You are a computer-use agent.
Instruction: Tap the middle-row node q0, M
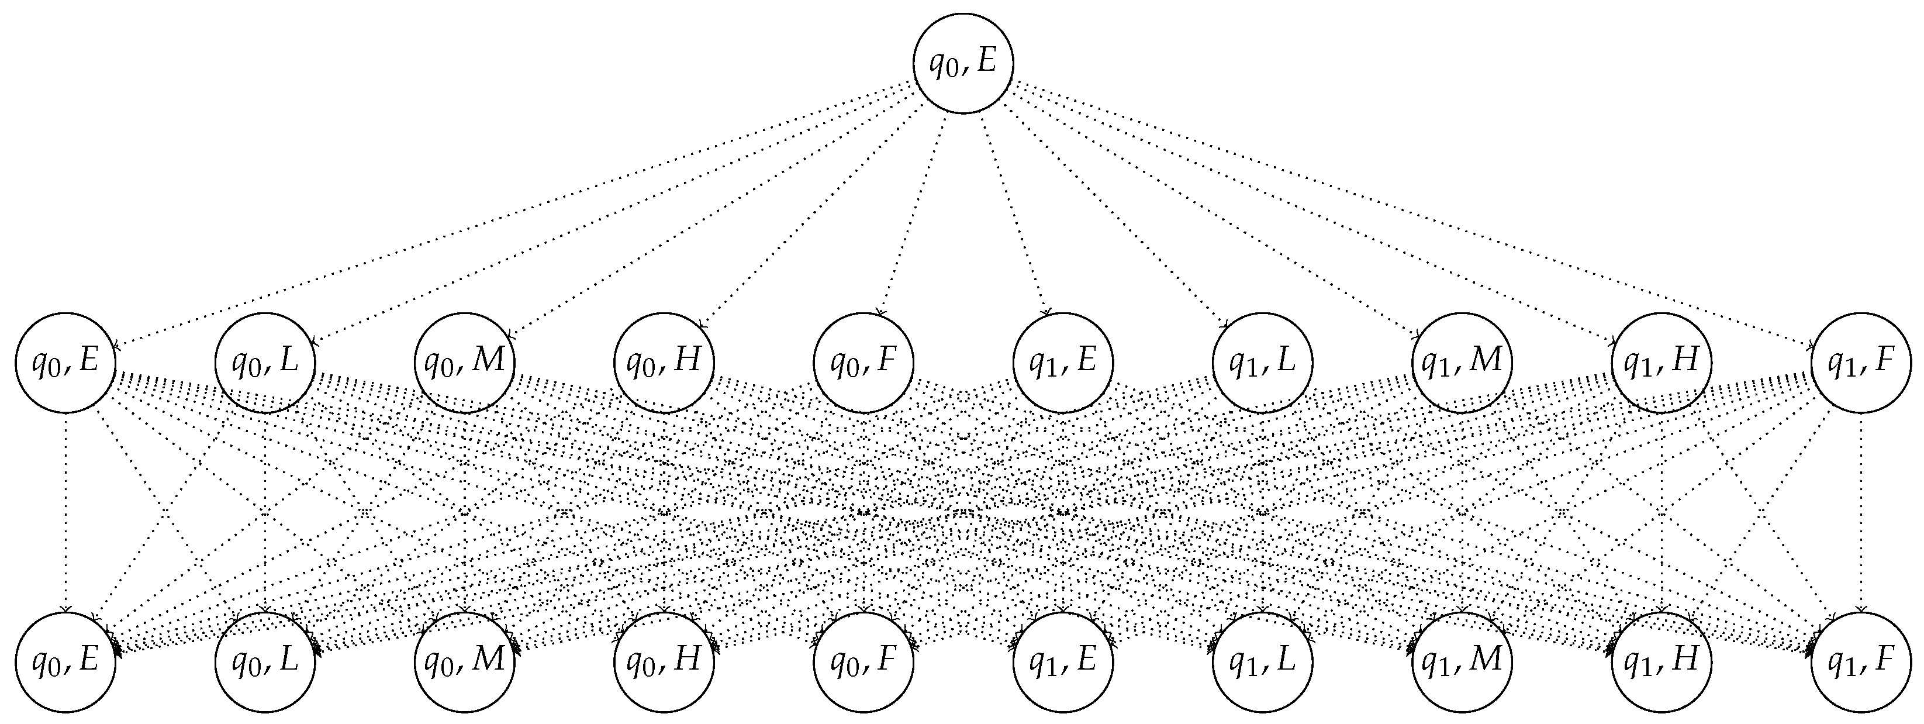point(465,363)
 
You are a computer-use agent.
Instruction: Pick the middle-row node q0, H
point(664,363)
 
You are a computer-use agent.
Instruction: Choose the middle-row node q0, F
point(863,363)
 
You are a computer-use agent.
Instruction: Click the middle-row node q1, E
point(1063,363)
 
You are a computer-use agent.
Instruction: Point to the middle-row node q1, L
point(1262,363)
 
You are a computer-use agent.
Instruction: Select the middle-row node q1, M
point(1462,363)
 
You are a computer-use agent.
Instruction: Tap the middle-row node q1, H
point(1661,363)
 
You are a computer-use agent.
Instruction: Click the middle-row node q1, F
point(1860,363)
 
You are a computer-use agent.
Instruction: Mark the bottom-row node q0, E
point(65,662)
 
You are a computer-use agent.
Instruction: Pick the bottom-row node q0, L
point(265,662)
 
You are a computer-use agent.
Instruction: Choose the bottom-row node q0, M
point(465,662)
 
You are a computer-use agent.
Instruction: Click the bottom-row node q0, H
point(664,662)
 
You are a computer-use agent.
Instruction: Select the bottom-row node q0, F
point(863,662)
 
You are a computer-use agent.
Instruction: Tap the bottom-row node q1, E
point(1063,662)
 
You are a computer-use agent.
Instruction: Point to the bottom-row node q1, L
point(1262,662)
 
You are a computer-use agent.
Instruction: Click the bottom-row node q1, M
point(1462,662)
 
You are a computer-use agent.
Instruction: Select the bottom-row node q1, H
point(1661,662)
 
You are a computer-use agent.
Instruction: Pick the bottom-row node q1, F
point(1860,662)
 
